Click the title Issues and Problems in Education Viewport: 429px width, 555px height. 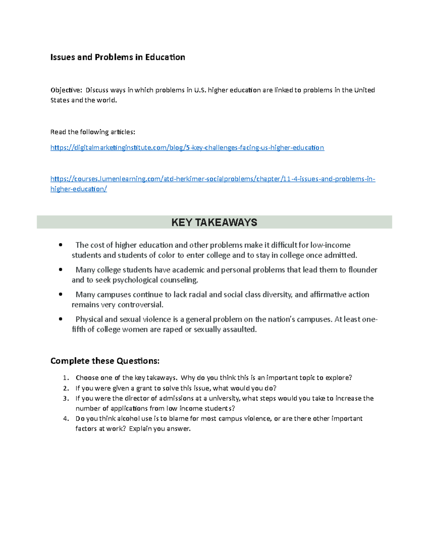point(118,57)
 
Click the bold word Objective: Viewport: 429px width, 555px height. point(66,90)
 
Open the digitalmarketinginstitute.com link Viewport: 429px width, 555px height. point(187,148)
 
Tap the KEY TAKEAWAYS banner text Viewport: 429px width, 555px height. point(214,222)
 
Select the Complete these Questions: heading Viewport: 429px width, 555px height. point(105,361)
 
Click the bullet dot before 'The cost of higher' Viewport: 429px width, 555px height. point(61,245)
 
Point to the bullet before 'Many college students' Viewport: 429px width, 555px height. point(61,270)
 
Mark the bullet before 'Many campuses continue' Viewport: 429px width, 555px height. point(61,294)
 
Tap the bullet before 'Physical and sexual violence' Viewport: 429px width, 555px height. point(61,319)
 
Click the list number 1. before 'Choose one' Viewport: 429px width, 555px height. point(65,378)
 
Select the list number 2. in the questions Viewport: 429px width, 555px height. point(65,388)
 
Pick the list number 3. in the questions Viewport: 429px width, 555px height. point(65,398)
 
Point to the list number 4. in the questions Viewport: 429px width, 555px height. point(65,419)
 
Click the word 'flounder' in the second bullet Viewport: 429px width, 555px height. point(363,270)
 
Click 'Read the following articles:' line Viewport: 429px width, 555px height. point(93,132)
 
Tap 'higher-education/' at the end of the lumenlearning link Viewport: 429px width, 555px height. point(79,189)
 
